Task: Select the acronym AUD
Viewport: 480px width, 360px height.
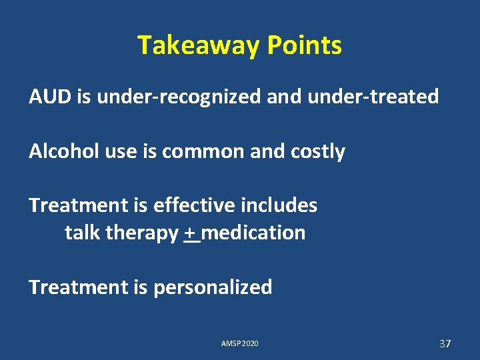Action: tap(51, 97)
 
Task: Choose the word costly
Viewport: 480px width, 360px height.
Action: tap(319, 152)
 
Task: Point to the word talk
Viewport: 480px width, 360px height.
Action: tap(83, 233)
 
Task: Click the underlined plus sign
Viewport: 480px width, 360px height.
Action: tap(192, 233)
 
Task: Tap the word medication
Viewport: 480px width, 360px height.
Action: tap(256, 233)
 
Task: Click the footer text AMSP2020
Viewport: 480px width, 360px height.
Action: tap(240, 343)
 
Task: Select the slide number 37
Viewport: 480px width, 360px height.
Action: tap(445, 343)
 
